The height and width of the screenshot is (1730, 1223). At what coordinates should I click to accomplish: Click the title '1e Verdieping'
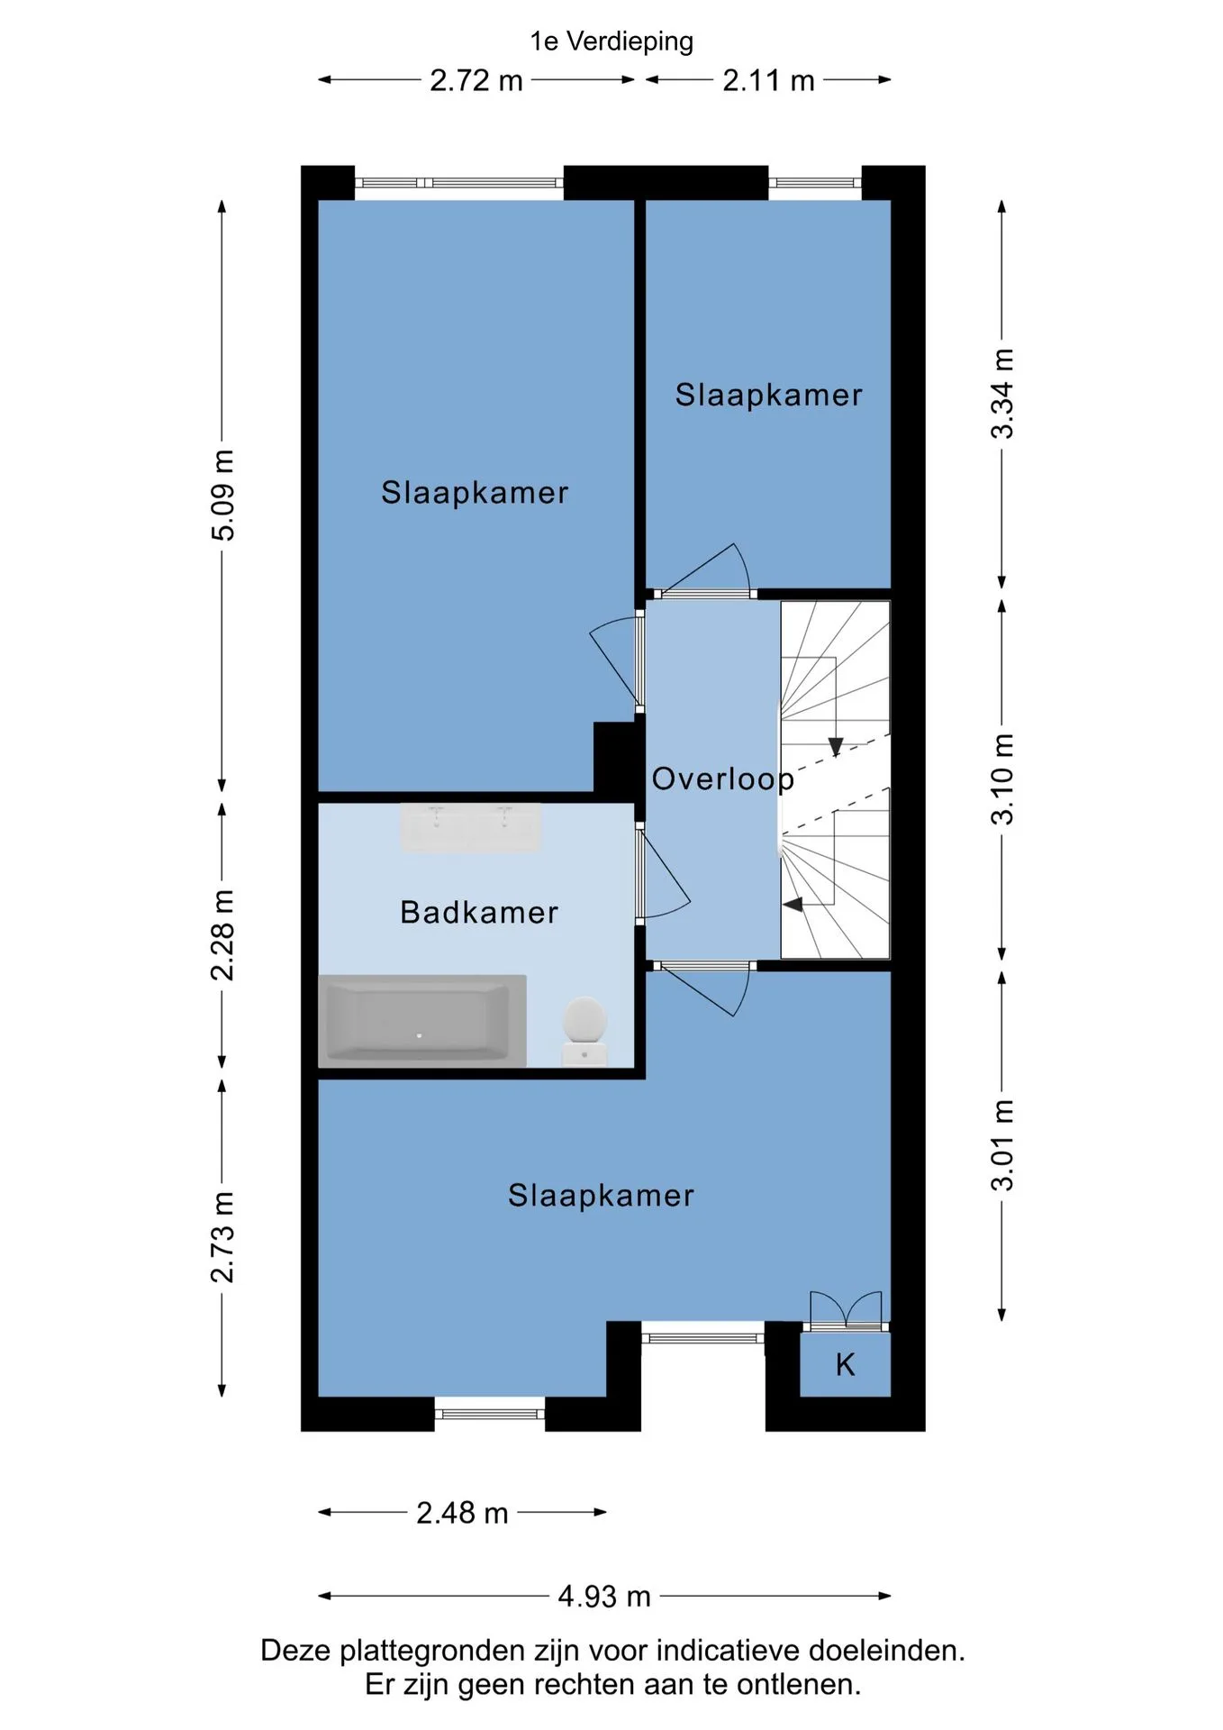pyautogui.click(x=611, y=41)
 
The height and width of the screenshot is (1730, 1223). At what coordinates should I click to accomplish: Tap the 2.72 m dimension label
pyautogui.click(x=476, y=80)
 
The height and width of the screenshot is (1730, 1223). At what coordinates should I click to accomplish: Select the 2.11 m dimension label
pyautogui.click(x=768, y=80)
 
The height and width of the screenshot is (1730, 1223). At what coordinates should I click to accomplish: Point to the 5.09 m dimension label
pyautogui.click(x=222, y=495)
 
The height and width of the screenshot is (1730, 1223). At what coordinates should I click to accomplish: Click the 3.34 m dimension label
pyautogui.click(x=1002, y=394)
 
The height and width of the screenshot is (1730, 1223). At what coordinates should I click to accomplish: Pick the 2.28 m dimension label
pyautogui.click(x=222, y=934)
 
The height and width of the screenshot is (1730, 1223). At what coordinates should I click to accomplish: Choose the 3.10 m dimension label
pyautogui.click(x=1002, y=779)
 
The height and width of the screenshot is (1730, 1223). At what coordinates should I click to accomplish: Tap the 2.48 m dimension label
pyautogui.click(x=462, y=1513)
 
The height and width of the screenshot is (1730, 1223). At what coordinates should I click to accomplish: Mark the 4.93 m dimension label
pyautogui.click(x=604, y=1597)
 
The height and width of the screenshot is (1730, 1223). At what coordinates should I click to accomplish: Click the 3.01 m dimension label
pyautogui.click(x=1002, y=1145)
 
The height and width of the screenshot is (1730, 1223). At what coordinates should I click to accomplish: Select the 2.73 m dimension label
pyautogui.click(x=222, y=1237)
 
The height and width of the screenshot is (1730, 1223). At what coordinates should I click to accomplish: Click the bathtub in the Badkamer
pyautogui.click(x=422, y=1021)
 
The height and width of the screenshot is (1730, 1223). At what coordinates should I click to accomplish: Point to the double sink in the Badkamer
pyautogui.click(x=471, y=827)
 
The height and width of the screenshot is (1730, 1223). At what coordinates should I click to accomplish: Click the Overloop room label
pyautogui.click(x=723, y=779)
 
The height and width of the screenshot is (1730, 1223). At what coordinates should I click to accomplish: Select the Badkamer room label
pyautogui.click(x=479, y=913)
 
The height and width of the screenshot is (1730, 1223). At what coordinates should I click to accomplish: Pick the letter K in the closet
pyautogui.click(x=845, y=1365)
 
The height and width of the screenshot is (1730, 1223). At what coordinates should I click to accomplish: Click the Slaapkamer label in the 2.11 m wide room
pyautogui.click(x=769, y=395)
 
